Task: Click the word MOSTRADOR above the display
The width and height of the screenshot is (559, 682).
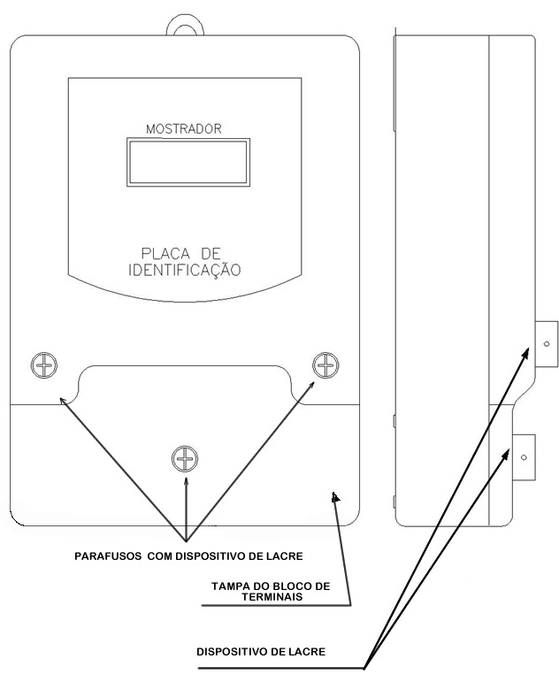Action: tap(184, 129)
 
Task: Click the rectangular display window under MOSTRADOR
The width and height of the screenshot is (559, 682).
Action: tap(188, 162)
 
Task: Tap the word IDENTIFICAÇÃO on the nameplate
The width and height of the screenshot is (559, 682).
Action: tap(185, 270)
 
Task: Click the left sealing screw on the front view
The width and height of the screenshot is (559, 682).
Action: tap(44, 364)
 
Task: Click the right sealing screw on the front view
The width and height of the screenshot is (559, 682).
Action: tap(325, 364)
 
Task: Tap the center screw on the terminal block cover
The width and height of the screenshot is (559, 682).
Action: tap(185, 459)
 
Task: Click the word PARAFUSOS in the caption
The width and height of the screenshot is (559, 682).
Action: tap(108, 556)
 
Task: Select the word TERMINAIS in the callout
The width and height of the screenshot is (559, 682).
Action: tap(272, 597)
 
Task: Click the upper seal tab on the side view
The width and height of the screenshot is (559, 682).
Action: tap(547, 344)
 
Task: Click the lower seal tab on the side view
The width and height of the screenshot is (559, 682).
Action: tap(524, 457)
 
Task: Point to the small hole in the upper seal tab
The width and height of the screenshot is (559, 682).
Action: tap(547, 344)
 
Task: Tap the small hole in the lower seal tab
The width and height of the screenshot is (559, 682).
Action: tap(524, 457)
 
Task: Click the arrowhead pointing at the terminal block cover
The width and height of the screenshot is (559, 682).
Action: tap(335, 497)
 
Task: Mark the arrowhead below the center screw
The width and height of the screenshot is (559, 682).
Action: tap(187, 481)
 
